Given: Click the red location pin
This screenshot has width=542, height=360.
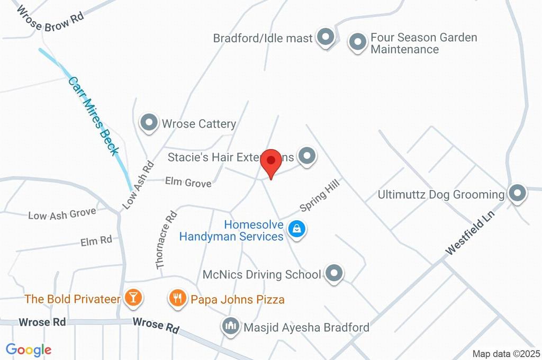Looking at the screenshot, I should (x=272, y=161).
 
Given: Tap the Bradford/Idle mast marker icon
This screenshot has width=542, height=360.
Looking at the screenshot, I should (x=326, y=38).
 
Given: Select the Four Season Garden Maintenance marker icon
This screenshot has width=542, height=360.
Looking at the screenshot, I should (x=358, y=42).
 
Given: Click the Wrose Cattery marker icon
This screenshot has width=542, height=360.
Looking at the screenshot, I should (x=149, y=123).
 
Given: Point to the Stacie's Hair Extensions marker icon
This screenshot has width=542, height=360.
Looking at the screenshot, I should (x=306, y=156).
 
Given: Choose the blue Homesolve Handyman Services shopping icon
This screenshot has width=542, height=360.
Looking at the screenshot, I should (x=297, y=229).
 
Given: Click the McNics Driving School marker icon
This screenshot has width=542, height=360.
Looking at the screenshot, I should (x=333, y=274).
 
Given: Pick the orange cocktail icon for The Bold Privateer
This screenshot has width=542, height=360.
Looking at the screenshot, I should (x=132, y=299).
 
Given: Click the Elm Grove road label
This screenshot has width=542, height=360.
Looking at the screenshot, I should (x=188, y=183).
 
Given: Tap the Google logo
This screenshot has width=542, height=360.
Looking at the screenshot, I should (x=29, y=350).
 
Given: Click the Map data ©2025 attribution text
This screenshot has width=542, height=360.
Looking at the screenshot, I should (x=506, y=354).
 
